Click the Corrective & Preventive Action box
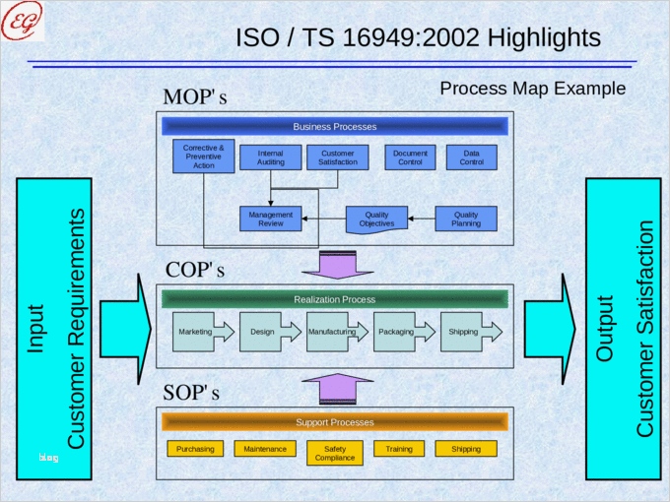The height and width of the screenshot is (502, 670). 204,157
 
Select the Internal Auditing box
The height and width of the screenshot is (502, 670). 271,157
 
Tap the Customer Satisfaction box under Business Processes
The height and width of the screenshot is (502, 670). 338,157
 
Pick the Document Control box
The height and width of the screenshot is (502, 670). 410,157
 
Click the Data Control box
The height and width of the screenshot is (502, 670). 471,157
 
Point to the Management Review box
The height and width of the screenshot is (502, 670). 270,219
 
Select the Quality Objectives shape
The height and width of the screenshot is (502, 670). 376,219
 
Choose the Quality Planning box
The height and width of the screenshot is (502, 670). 466,219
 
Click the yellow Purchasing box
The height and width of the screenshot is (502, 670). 195,449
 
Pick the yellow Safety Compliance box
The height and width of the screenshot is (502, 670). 335,453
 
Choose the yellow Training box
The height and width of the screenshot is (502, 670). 399,449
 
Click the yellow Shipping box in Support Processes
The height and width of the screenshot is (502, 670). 466,449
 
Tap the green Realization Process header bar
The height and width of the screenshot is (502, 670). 335,299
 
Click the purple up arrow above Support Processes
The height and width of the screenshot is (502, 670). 335,390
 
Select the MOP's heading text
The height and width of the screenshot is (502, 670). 195,97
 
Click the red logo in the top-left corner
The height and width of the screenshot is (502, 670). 22,21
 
